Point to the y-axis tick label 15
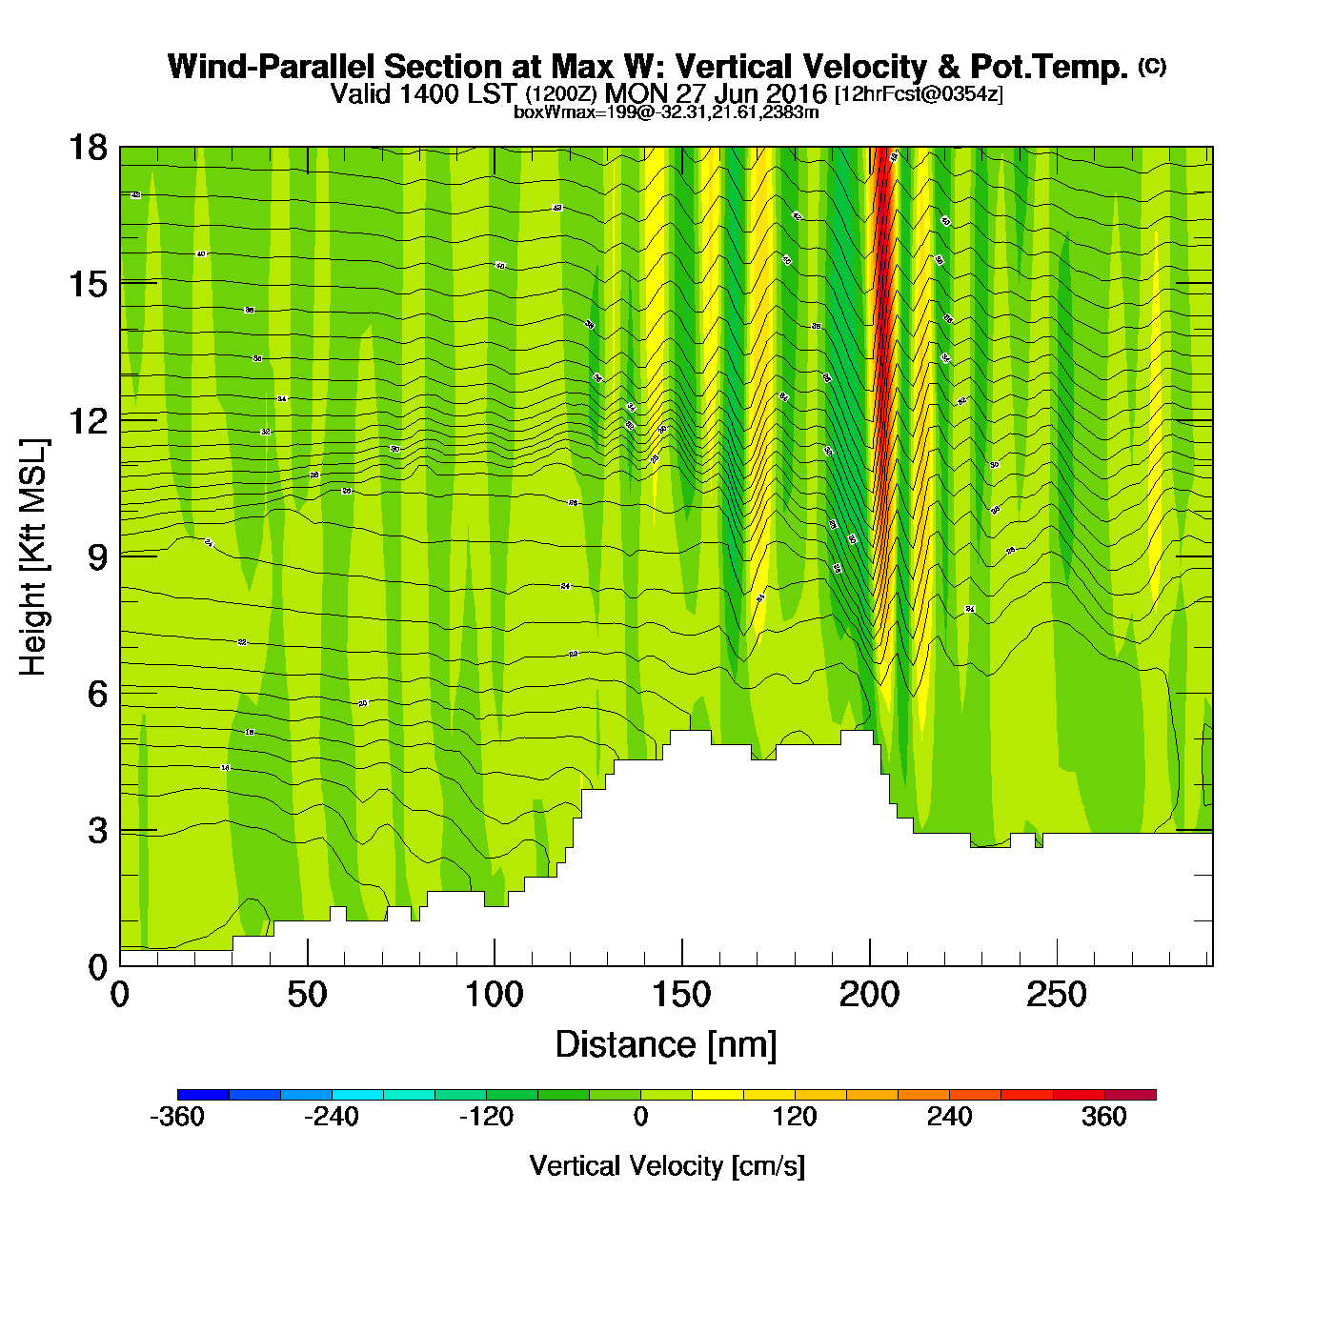point(87,284)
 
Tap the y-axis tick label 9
point(97,557)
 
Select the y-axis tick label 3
point(97,831)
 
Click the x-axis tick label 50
point(307,996)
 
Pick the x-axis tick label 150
point(681,996)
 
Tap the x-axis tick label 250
point(1056,996)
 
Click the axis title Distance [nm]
point(666,1045)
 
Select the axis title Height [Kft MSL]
point(33,557)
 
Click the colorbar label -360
point(177,1117)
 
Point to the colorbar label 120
point(795,1117)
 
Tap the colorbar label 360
point(1104,1117)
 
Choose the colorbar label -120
point(486,1117)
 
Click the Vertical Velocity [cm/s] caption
point(667,1165)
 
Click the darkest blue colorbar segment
point(203,1095)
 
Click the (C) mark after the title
point(1152,66)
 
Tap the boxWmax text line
point(666,111)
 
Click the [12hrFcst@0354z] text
point(919,94)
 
